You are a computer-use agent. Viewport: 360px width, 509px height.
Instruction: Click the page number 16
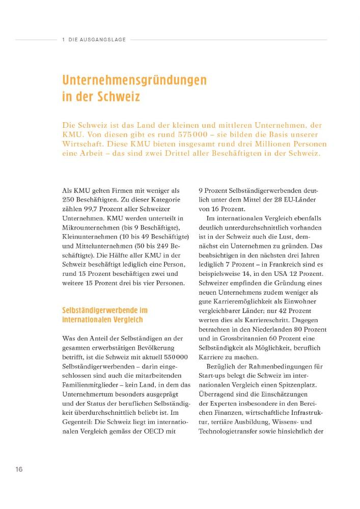18,469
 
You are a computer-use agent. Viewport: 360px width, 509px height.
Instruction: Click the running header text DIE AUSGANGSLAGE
96,39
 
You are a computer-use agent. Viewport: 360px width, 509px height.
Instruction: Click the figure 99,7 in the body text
97,210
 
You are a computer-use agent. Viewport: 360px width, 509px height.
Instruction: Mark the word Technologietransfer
231,432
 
